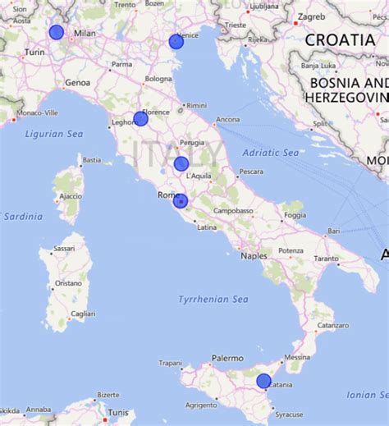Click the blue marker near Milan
[x=56, y=32]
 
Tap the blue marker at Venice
[x=176, y=41]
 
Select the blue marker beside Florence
[x=140, y=118]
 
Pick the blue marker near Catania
[x=263, y=380]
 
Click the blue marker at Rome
[x=181, y=201]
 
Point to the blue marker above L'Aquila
[x=181, y=163]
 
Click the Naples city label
[x=254, y=256]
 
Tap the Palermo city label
[x=227, y=358]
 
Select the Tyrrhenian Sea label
[x=213, y=300]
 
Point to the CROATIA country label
[x=340, y=39]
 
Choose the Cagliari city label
[x=83, y=314]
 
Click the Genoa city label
[x=77, y=82]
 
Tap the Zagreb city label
[x=312, y=16]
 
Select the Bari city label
[x=334, y=231]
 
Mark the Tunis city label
[x=118, y=412]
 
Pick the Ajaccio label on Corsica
[x=71, y=196]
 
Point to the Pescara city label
[x=250, y=172]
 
